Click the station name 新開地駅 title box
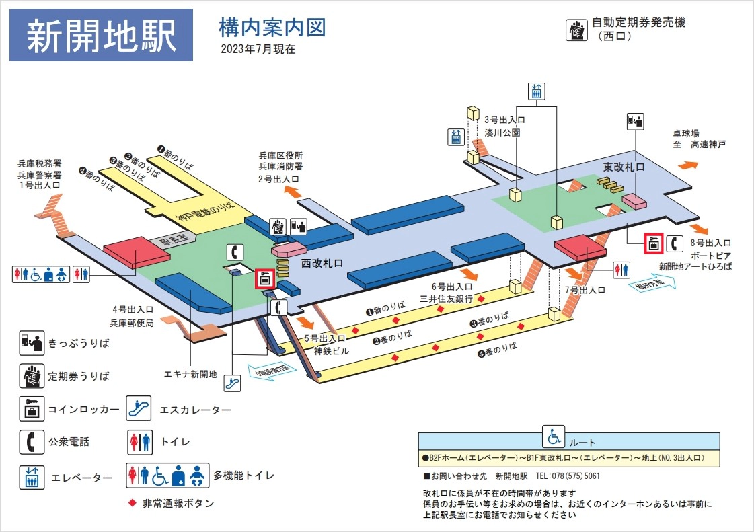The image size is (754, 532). pyautogui.click(x=102, y=36)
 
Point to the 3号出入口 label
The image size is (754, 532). pyautogui.click(x=504, y=121)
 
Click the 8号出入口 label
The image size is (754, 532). pyautogui.click(x=710, y=243)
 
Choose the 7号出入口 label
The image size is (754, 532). pyautogui.click(x=585, y=290)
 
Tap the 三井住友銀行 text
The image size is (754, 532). pyautogui.click(x=446, y=298)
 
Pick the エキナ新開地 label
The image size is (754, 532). pyautogui.click(x=190, y=374)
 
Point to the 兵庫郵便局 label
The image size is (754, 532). pyautogui.click(x=133, y=322)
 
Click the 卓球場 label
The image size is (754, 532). pyautogui.click(x=686, y=133)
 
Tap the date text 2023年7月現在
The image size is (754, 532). pyautogui.click(x=258, y=49)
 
